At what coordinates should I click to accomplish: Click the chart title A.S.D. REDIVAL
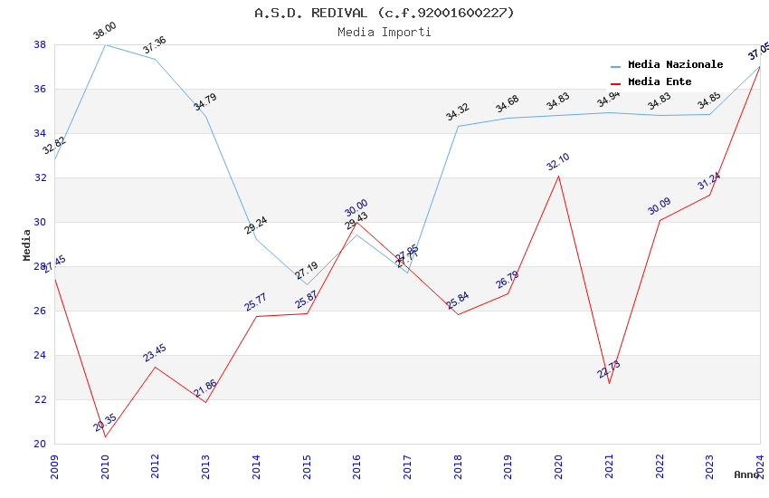[x=384, y=13]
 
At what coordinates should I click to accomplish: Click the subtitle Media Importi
[x=384, y=32]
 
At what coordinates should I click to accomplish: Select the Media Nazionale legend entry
[x=675, y=64]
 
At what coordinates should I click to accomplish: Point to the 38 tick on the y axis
[x=40, y=44]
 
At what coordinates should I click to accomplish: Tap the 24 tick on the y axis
[x=40, y=355]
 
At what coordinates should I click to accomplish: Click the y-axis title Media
[x=26, y=244]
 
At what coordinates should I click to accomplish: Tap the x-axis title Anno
[x=746, y=474]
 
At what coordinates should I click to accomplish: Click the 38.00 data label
[x=105, y=32]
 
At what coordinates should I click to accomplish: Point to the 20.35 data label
[x=105, y=423]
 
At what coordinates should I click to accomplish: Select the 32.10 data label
[x=558, y=162]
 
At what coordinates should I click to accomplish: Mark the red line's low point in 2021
[x=609, y=383]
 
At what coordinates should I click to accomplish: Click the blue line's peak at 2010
[x=105, y=44]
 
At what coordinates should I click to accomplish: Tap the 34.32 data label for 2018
[x=458, y=112]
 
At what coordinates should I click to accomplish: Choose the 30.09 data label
[x=660, y=206]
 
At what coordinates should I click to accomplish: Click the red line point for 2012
[x=155, y=367]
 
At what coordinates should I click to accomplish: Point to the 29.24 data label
[x=256, y=225]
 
